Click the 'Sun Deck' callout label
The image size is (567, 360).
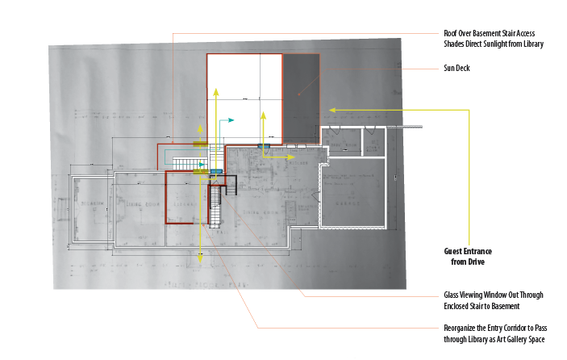point(457,69)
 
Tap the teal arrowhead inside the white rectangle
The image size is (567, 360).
point(232,119)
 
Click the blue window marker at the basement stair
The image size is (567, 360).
point(216,172)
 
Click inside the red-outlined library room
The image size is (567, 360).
point(184,198)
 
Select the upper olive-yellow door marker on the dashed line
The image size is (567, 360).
point(199,144)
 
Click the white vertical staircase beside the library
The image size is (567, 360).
point(215,206)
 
